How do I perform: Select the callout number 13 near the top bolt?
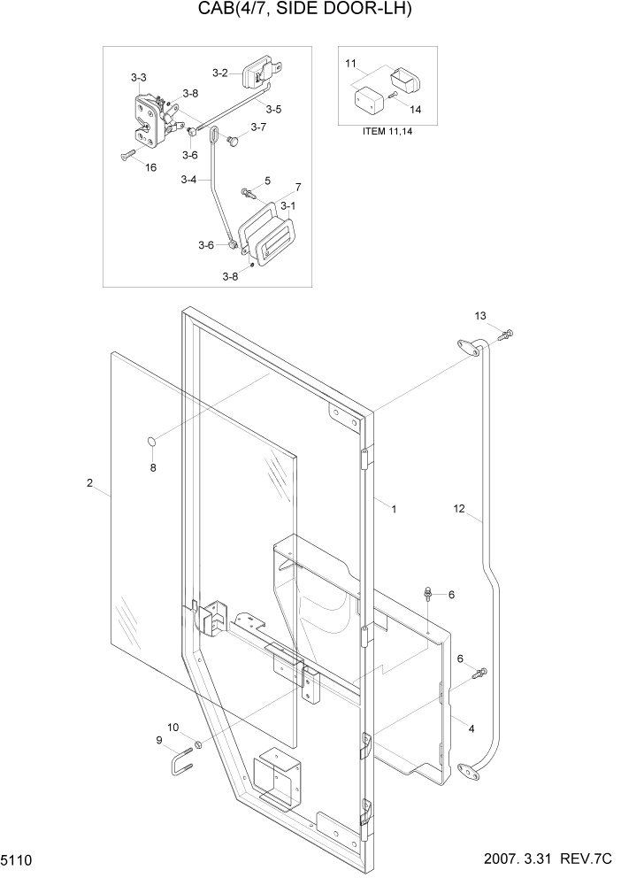(480, 316)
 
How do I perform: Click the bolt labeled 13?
(507, 335)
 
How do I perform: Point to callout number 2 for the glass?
(89, 482)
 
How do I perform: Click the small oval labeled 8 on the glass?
(151, 441)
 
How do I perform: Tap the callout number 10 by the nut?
(173, 727)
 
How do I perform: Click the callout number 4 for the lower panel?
(471, 728)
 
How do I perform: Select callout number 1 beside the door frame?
(394, 509)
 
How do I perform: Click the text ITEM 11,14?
(387, 131)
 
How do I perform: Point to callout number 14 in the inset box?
(416, 109)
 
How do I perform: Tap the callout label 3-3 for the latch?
(139, 78)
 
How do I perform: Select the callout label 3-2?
(220, 73)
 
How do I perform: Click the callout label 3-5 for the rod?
(273, 110)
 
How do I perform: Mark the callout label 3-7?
(258, 127)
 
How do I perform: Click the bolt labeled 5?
(248, 192)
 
